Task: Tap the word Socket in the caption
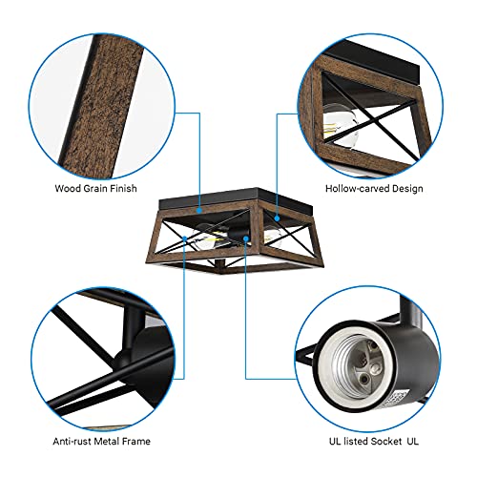click(x=386, y=441)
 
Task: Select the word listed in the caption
click(x=356, y=441)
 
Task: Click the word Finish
click(x=123, y=188)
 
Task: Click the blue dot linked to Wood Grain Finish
click(x=199, y=210)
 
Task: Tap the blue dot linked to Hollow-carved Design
click(x=277, y=218)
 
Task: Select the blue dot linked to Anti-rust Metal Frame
click(x=184, y=238)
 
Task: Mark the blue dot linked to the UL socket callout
click(x=246, y=238)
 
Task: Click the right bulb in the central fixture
click(x=273, y=236)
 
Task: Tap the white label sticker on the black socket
click(x=395, y=400)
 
